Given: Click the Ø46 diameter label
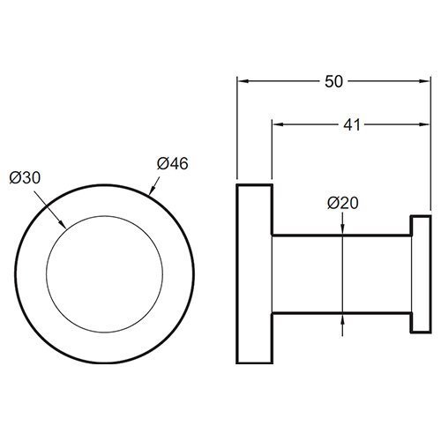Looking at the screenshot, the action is coord(173,163).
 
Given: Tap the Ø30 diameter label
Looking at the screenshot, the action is coord(25,177).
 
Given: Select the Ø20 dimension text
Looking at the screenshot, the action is coord(343,203).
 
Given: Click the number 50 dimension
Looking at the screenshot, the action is coord(333,81).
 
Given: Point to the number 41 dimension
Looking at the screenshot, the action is coord(352,124).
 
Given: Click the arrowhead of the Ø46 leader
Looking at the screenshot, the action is coord(152,191).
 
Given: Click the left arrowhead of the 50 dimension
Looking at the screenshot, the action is coord(242,81).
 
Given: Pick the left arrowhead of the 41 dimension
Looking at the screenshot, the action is coord(277,124).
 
